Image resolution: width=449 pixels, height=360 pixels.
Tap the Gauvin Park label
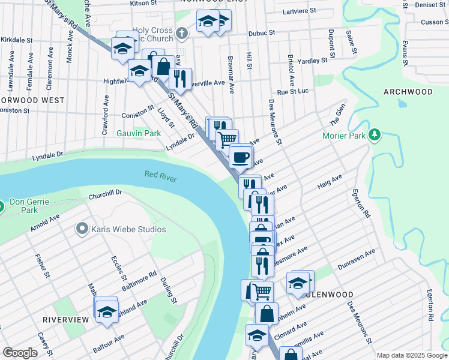(139, 133)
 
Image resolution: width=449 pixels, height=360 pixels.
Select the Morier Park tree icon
(375, 134)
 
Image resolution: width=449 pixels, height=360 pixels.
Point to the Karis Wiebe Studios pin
(82, 229)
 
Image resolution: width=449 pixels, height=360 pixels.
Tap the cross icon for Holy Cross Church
(182, 32)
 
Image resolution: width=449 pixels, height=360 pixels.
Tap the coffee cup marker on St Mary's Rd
(240, 157)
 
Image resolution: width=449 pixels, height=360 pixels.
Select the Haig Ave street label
(330, 181)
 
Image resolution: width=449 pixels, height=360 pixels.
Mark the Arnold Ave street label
(46, 223)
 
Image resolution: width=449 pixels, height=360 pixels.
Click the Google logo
(20, 352)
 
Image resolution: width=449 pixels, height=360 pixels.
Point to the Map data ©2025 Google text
(412, 355)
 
